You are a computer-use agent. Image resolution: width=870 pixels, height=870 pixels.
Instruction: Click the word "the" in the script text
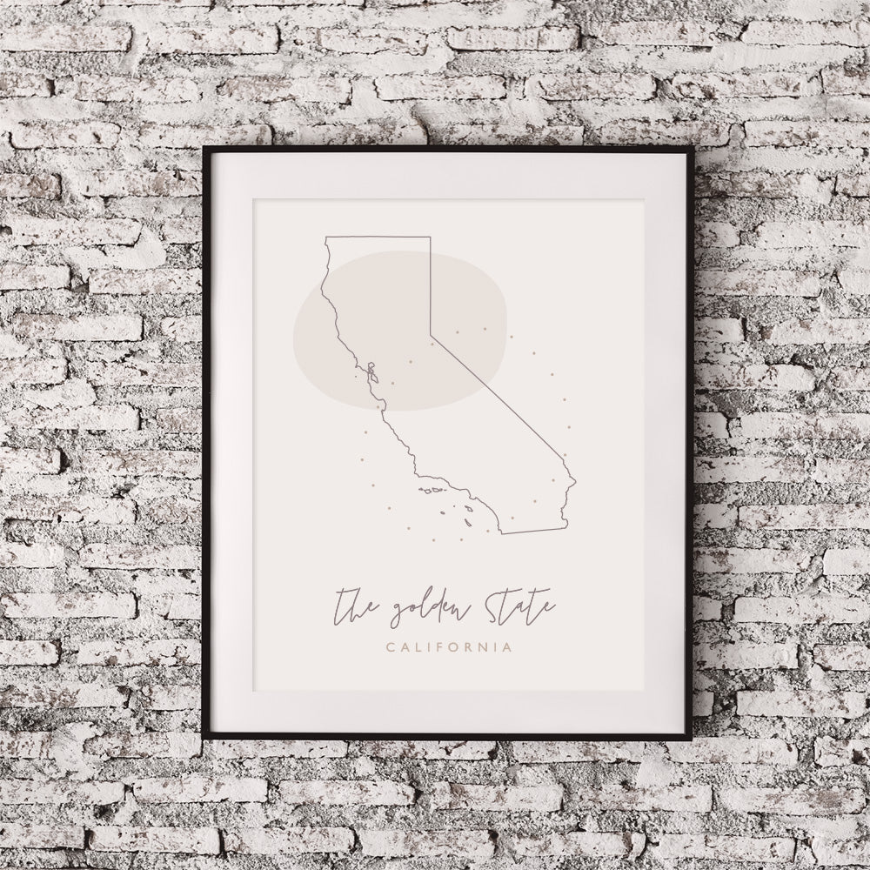click(356, 602)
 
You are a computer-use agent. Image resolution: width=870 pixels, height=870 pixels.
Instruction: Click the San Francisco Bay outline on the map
click(371, 377)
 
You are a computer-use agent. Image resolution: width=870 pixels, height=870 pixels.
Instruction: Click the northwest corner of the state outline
click(325, 237)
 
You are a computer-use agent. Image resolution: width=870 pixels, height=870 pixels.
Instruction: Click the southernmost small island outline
click(466, 522)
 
